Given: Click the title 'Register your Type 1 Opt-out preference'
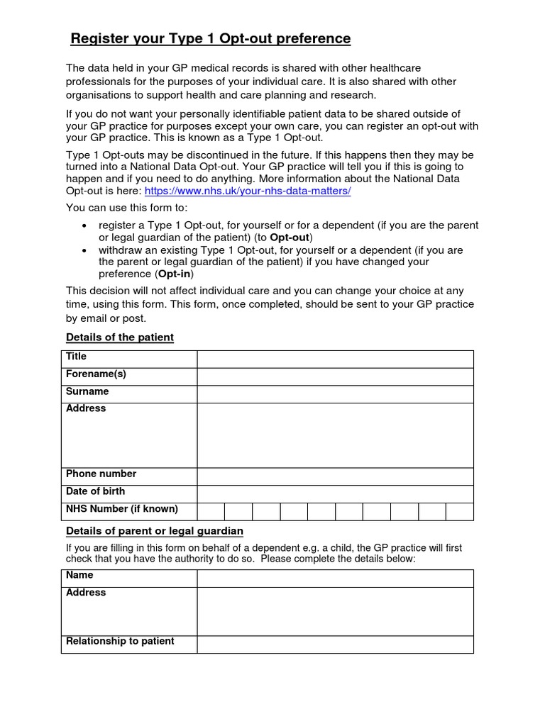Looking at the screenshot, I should point(210,38).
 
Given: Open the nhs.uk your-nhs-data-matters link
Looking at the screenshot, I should point(248,191).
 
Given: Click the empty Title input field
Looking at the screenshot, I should point(335,359).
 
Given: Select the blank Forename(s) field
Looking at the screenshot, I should point(335,376).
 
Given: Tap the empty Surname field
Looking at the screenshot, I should point(335,394).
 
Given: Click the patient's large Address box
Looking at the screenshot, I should point(335,435).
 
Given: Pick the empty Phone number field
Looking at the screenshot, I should point(335,476).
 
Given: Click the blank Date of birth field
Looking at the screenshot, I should point(335,493).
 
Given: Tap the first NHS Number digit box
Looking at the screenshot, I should point(211,511).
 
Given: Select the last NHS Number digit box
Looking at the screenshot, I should point(459,511).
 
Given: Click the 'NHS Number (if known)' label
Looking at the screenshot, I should point(122,509).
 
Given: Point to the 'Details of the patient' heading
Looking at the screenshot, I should point(120,337).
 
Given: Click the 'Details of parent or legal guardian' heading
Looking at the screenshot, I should point(155,531).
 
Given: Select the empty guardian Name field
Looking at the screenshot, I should point(335,578).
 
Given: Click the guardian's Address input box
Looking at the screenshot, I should point(335,611).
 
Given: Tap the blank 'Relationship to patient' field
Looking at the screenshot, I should point(335,644).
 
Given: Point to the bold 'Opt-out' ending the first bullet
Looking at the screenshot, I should point(290,237).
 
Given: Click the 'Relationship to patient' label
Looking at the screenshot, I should point(120,641).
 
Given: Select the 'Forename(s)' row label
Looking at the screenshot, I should point(96,374).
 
